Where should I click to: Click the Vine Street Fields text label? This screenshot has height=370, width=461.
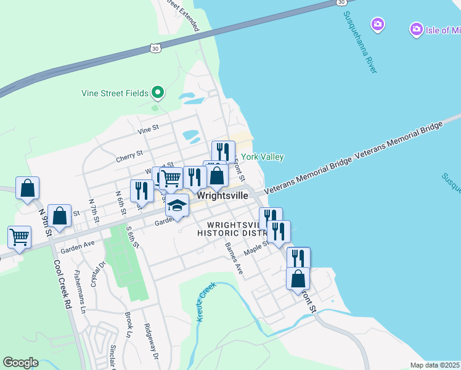(x=115, y=94)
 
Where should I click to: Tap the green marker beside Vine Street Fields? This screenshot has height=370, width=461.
(x=158, y=93)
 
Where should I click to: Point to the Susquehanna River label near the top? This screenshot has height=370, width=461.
(x=360, y=42)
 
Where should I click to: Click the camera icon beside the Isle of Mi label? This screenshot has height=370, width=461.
(x=378, y=25)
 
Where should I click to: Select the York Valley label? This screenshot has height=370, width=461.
(x=262, y=157)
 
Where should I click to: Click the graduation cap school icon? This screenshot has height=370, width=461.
(x=177, y=205)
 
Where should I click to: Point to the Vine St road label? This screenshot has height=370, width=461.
(x=149, y=129)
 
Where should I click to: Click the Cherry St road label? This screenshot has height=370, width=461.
(x=129, y=156)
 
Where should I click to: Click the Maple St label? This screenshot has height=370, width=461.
(x=257, y=249)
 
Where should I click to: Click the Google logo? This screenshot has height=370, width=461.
(x=20, y=363)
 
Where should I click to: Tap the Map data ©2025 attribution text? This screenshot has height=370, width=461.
(x=434, y=365)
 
